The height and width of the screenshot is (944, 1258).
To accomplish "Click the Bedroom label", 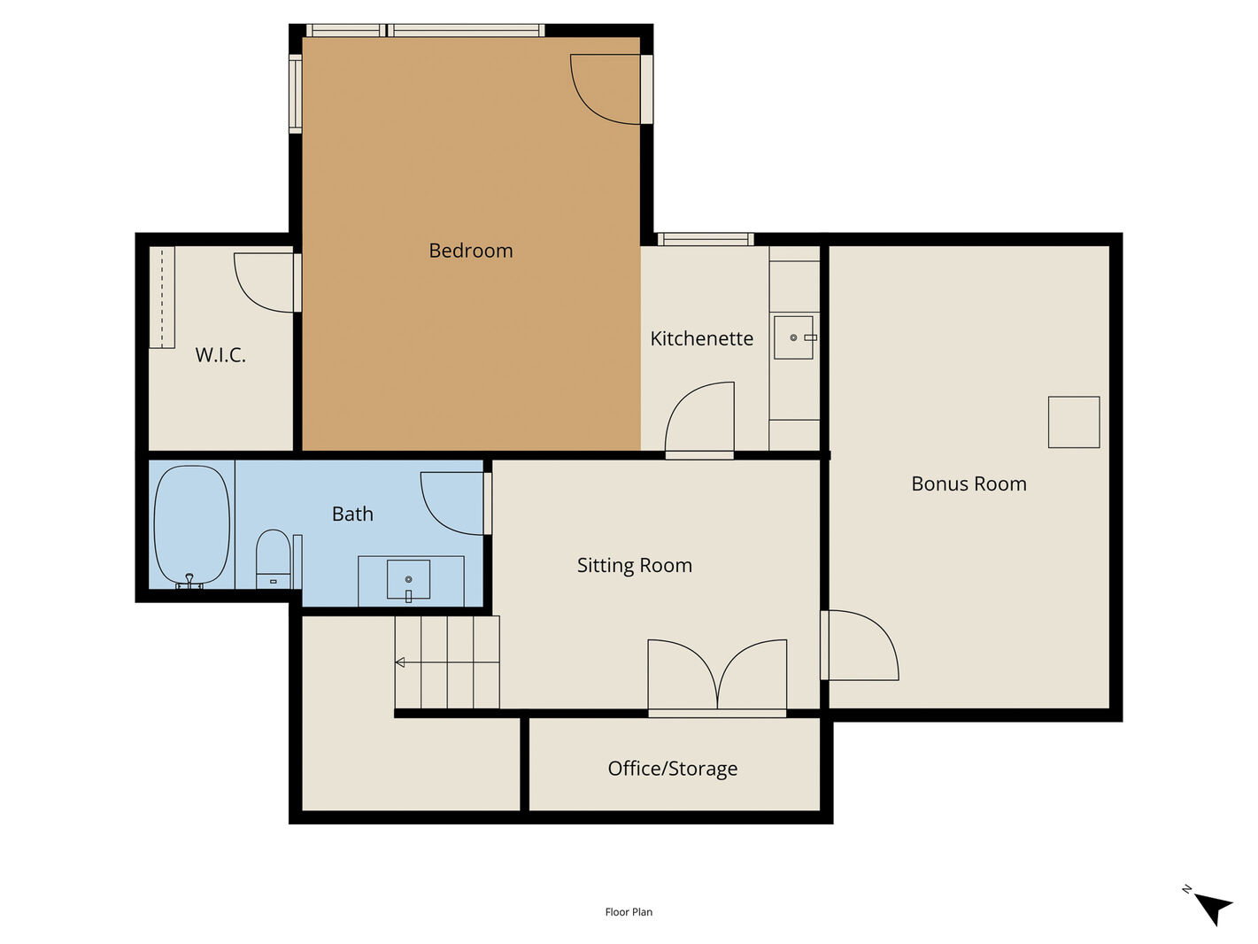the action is pos(470,251).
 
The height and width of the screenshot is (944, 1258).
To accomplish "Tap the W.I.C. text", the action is pos(220,355).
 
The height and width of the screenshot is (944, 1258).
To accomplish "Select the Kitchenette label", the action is pos(701,338).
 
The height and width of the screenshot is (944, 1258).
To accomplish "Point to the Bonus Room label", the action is pos(969,484).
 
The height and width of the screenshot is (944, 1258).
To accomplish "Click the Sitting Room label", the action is pos(635,566).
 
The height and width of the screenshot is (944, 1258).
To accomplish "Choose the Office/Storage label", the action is pos(672,768).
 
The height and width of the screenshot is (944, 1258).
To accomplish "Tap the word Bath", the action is pos(352,514).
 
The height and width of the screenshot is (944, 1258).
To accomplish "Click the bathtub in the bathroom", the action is pos(192,526).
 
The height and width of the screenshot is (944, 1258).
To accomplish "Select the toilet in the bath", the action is pos(273,559).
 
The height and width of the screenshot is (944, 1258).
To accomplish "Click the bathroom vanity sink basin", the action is pos(409,580).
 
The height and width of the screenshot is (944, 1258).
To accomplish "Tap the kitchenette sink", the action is pos(794,337).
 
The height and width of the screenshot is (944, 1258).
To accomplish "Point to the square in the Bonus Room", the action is pos(1074,422).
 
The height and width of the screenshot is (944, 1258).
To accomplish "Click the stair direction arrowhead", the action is pos(400,662).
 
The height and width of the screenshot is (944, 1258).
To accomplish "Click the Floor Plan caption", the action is pos(629,912).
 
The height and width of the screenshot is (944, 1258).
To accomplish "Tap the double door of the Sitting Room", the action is pos(717,677).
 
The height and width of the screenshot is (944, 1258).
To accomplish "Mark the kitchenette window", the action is pos(706,239).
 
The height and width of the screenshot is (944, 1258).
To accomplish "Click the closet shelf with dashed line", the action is pos(162,297).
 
